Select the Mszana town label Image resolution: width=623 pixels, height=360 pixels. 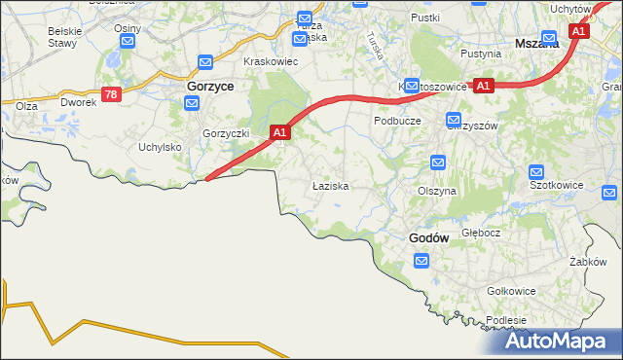click(537, 44)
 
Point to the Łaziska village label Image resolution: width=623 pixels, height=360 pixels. click(330, 185)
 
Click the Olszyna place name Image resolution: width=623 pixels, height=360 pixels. click(437, 192)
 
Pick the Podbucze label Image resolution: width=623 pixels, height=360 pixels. click(397, 121)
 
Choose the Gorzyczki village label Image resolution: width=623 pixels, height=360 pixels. click(227, 132)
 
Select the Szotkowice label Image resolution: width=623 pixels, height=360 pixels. click(556, 183)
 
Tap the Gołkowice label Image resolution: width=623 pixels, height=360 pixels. click(511, 291)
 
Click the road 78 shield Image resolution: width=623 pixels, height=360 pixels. click(110, 93)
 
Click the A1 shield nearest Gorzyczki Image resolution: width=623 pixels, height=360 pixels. click(279, 131)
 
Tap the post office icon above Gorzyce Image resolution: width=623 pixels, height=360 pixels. click(205, 63)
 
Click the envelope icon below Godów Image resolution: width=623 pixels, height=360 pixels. click(421, 261)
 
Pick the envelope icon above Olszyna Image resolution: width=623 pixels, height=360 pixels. click(438, 162)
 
